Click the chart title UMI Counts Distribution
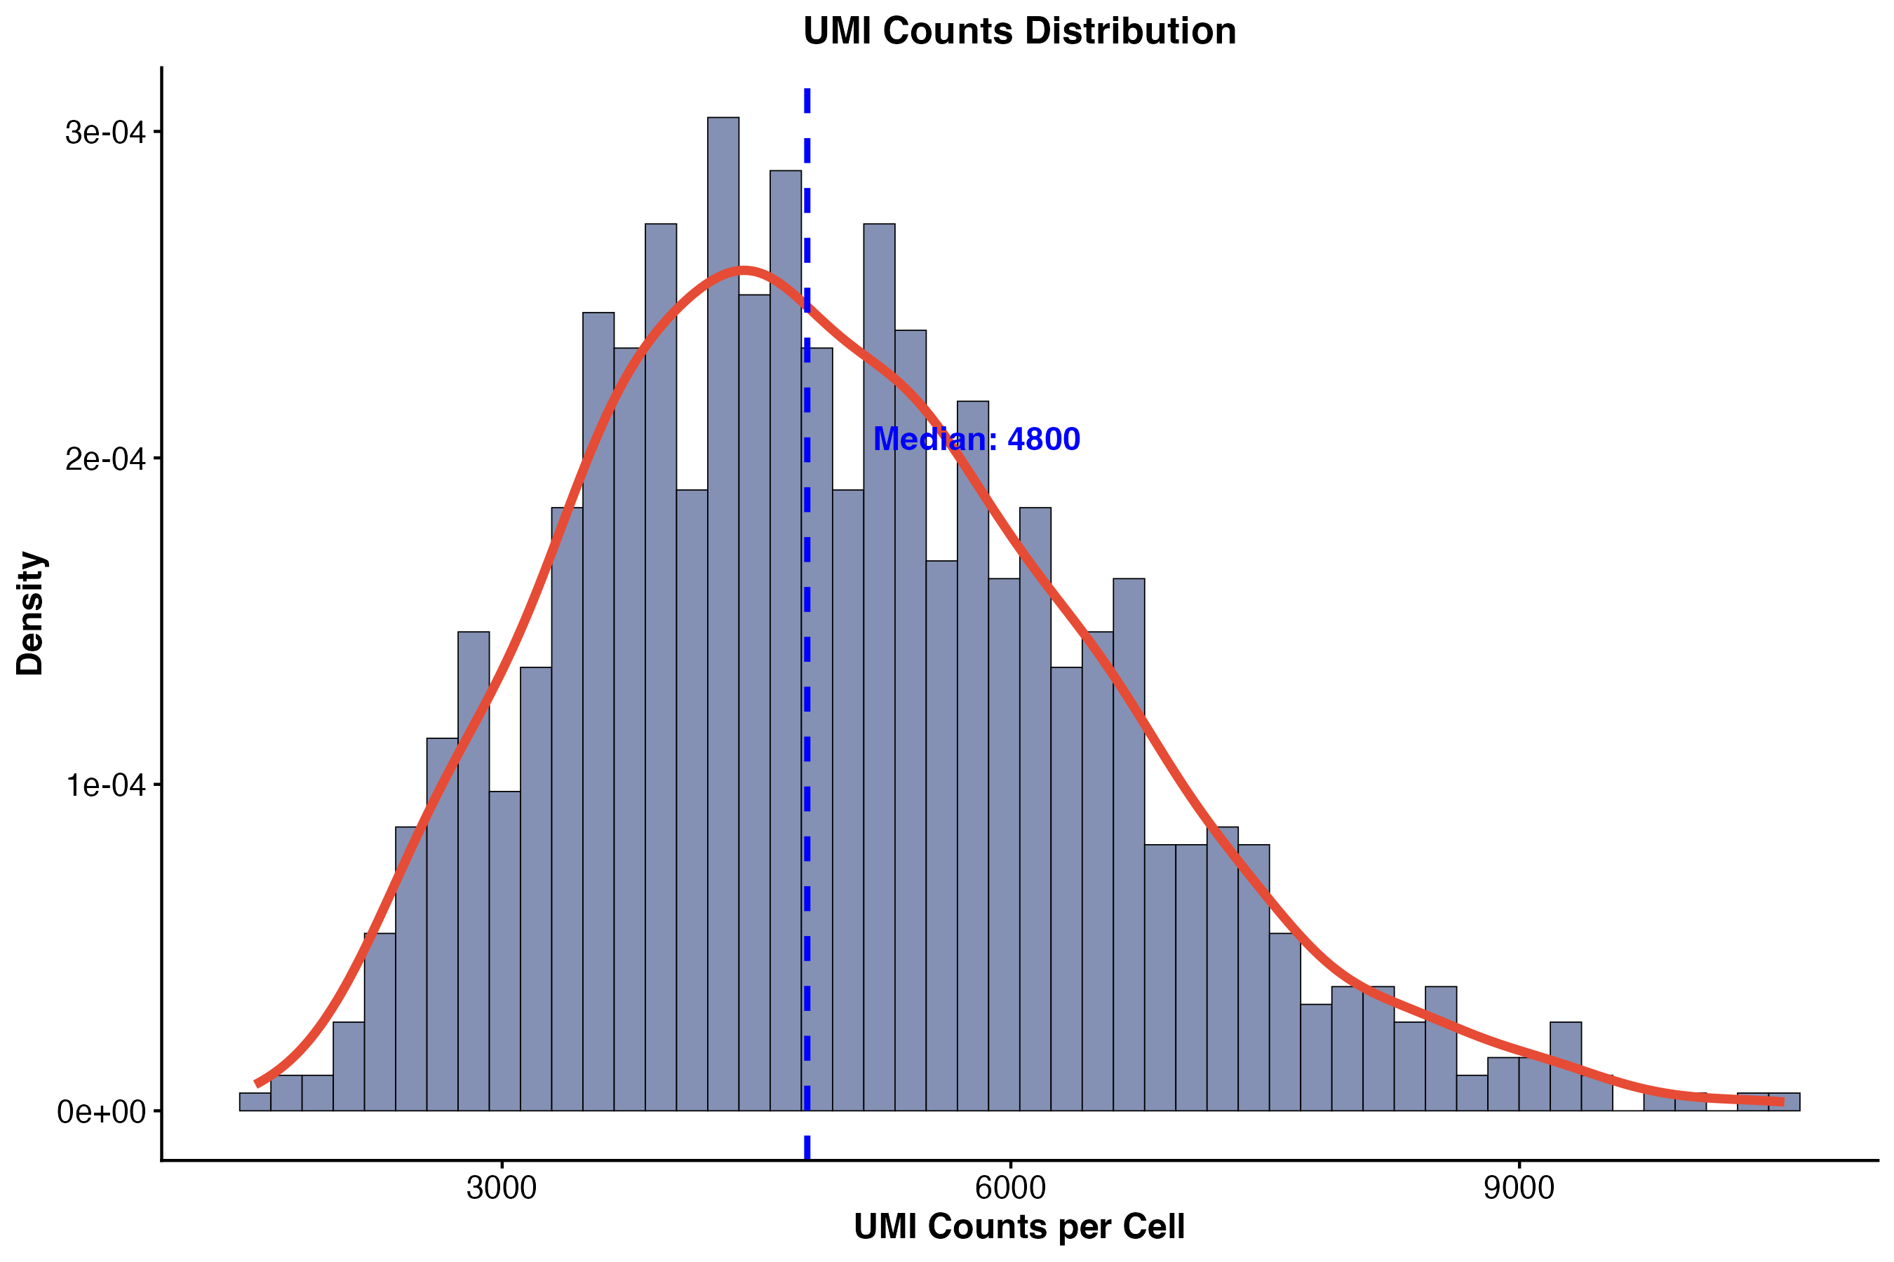click(1019, 32)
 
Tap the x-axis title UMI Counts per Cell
click(1019, 1226)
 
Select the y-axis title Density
click(31, 613)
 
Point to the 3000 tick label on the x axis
click(502, 1188)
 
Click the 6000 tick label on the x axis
click(1010, 1188)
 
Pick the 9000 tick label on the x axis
click(1519, 1188)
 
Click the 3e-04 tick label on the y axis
click(105, 132)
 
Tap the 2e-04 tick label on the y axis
click(105, 459)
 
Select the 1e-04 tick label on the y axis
click(105, 785)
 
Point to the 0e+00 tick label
click(102, 1111)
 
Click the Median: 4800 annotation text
click(976, 440)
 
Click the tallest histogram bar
click(723, 614)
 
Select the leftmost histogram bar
click(255, 1102)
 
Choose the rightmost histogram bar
click(1784, 1102)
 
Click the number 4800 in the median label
click(1044, 440)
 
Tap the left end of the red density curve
click(256, 1084)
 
